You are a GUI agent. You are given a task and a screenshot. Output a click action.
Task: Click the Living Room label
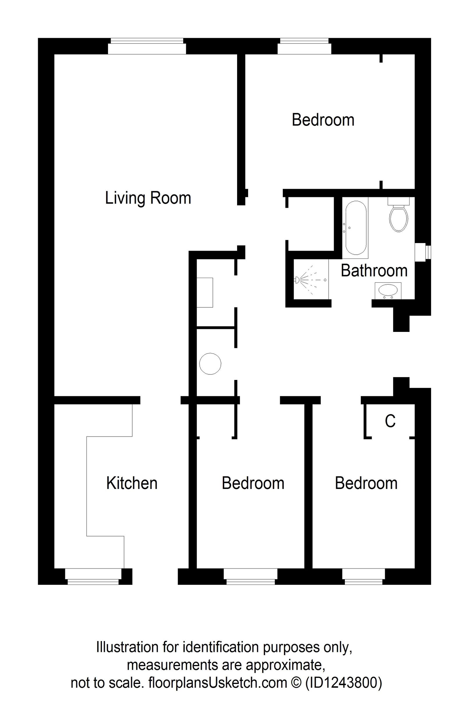pos(148,198)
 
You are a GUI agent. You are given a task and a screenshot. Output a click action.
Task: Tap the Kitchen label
pos(132,483)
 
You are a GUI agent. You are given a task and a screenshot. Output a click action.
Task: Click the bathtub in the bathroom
pos(355,228)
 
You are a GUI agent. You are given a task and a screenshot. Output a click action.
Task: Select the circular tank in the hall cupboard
pos(210,363)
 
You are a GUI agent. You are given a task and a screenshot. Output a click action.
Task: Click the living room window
pos(147,46)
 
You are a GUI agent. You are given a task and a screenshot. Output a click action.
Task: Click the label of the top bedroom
pos(323,120)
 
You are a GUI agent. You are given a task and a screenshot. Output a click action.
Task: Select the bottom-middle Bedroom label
pos(253,483)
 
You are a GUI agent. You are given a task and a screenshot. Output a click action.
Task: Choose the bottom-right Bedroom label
pos(366,483)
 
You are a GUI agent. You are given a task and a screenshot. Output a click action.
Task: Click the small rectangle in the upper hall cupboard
pos(205,293)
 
